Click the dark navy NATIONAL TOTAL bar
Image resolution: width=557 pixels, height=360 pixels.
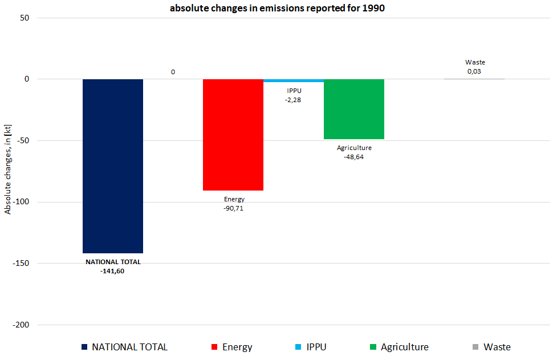(113, 165)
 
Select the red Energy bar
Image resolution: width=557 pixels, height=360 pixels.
(233, 135)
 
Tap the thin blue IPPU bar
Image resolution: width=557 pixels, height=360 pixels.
(294, 80)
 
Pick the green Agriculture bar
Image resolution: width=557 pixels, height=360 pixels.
(354, 109)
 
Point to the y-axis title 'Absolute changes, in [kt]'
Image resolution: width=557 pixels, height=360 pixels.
(8, 171)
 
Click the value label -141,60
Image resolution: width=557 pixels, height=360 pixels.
(112, 271)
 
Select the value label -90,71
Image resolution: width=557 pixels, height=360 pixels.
(234, 208)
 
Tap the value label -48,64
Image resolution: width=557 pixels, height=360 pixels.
(354, 157)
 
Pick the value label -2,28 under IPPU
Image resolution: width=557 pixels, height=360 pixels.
(294, 100)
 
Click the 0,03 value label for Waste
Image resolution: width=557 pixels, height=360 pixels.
(474, 71)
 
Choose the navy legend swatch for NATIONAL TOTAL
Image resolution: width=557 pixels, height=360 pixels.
(85, 347)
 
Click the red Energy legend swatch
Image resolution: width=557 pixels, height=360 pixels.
(214, 347)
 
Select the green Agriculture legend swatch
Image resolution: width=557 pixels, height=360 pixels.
(373, 347)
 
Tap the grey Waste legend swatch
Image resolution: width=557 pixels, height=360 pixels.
(475, 347)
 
